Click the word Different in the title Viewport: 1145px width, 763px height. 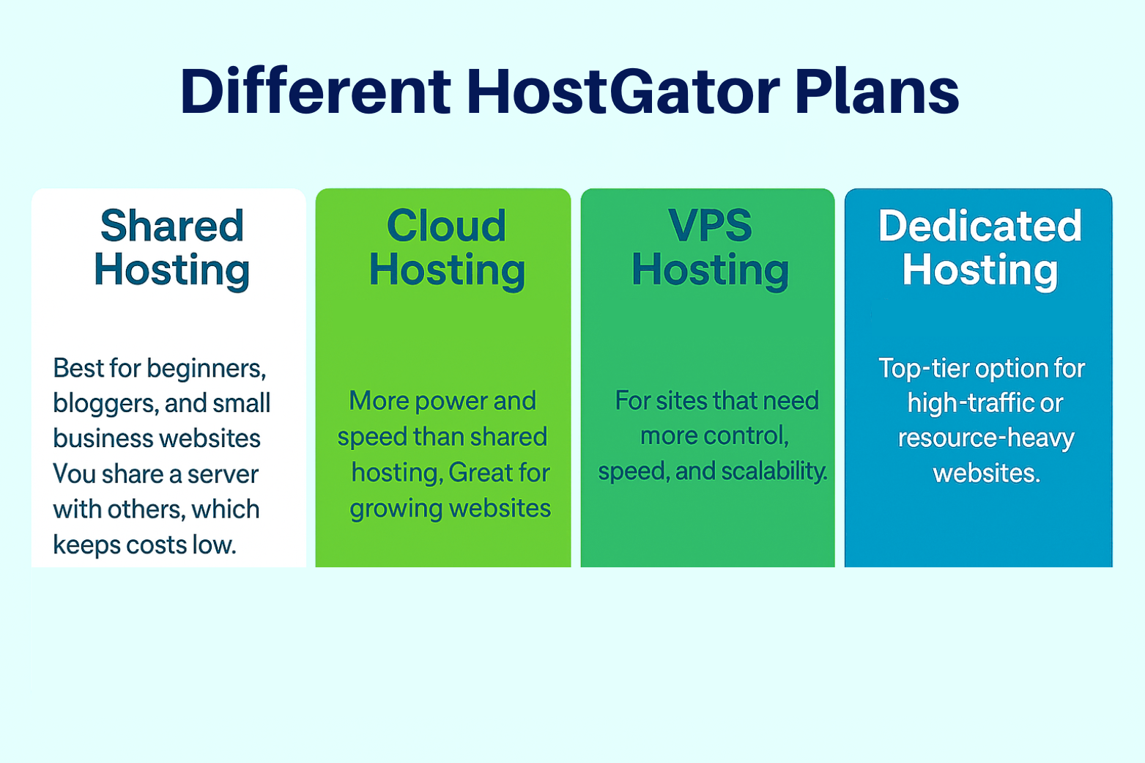(315, 91)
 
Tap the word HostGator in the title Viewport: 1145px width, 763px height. (623, 91)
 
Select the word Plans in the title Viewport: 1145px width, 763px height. (877, 91)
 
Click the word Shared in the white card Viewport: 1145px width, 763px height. (171, 226)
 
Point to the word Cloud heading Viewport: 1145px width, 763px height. (446, 226)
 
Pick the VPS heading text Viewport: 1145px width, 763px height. (710, 226)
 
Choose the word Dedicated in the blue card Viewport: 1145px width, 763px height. (979, 226)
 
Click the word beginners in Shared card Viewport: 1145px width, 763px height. (206, 369)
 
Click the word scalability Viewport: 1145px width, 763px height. (774, 471)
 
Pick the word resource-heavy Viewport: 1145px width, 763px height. (986, 439)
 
